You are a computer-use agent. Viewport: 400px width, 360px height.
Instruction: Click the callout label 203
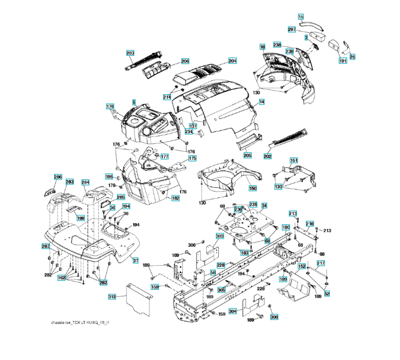point(131,53)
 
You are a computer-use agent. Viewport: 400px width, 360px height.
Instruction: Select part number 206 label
point(185,61)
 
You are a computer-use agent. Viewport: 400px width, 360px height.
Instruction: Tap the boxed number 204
point(232,61)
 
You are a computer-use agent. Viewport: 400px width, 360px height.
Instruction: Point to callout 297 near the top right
point(292,29)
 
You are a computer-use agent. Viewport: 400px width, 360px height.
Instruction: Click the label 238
point(277,45)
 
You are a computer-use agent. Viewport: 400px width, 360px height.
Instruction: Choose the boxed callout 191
point(342,61)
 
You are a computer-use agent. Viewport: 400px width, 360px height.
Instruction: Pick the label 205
point(248,155)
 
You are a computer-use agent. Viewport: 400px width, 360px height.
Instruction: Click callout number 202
point(267,156)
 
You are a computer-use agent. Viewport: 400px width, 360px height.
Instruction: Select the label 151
point(294,160)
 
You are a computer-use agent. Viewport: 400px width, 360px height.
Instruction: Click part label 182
point(176,198)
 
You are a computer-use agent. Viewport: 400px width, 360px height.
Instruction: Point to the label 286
point(58,176)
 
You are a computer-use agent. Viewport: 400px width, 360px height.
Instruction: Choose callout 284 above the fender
point(85,182)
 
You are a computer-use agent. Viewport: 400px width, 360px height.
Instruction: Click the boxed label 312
point(112,297)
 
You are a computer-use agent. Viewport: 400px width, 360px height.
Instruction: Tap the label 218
point(309,224)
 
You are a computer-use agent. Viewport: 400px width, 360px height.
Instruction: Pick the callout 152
point(302,266)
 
